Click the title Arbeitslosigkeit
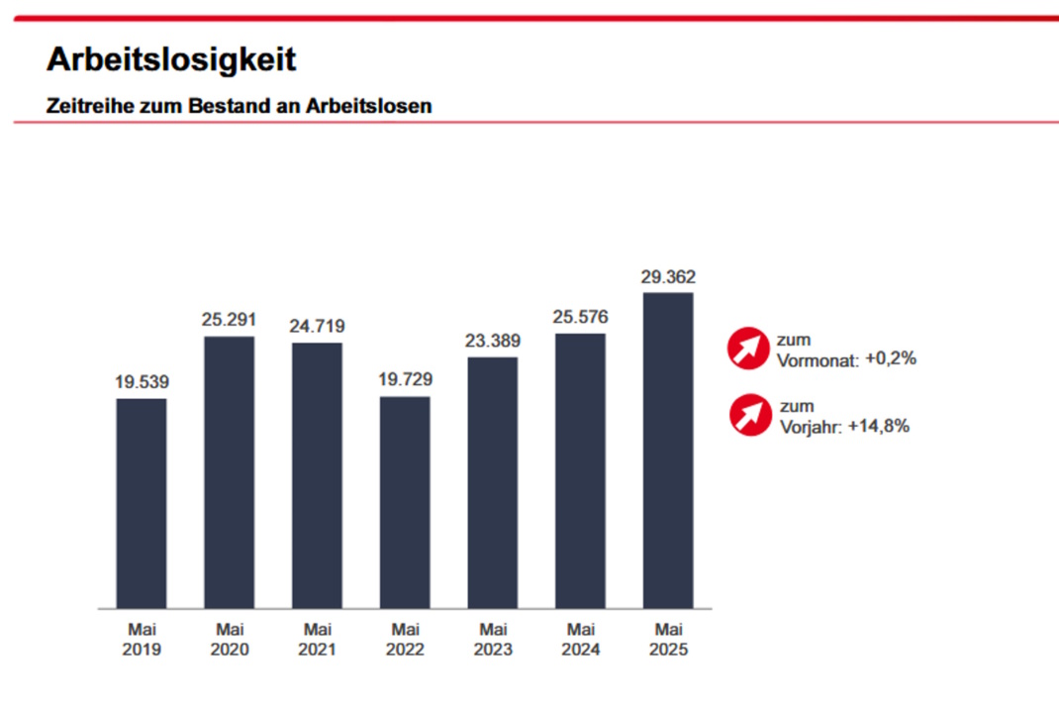click(x=170, y=59)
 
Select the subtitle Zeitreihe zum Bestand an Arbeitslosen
click(x=239, y=105)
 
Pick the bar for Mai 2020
click(x=229, y=472)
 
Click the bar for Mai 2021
click(x=317, y=475)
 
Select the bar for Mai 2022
click(x=405, y=502)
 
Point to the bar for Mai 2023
click(x=493, y=482)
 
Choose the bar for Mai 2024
click(x=580, y=470)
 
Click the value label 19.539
click(x=142, y=381)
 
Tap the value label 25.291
click(x=229, y=320)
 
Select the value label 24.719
click(x=317, y=326)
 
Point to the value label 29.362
click(x=668, y=276)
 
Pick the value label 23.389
click(x=493, y=340)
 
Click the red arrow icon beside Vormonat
click(x=748, y=349)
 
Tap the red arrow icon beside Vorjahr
click(x=750, y=415)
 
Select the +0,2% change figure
click(x=891, y=358)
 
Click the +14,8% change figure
click(x=879, y=426)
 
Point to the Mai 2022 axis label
click(x=405, y=640)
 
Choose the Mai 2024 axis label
click(x=580, y=640)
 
